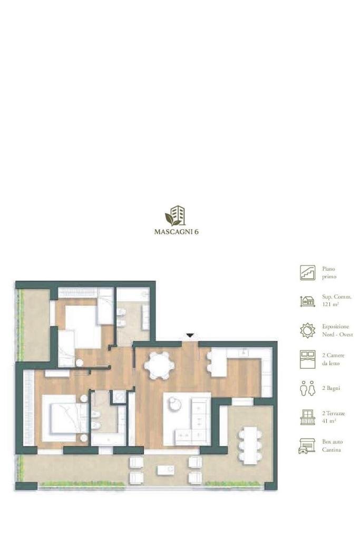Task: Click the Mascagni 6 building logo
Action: point(176,215)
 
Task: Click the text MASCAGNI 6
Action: point(177,232)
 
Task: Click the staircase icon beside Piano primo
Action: point(307,272)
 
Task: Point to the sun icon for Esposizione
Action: point(307,330)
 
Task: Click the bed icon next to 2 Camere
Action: point(307,359)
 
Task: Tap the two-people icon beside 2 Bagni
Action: point(307,388)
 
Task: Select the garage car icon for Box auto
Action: point(307,446)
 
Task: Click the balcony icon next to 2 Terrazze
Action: point(307,417)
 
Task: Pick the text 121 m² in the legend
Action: point(330,304)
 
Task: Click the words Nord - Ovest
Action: point(337,335)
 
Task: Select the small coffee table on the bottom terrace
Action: point(166,469)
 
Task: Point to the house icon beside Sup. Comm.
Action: point(307,301)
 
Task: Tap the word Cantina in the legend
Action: point(332,449)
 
